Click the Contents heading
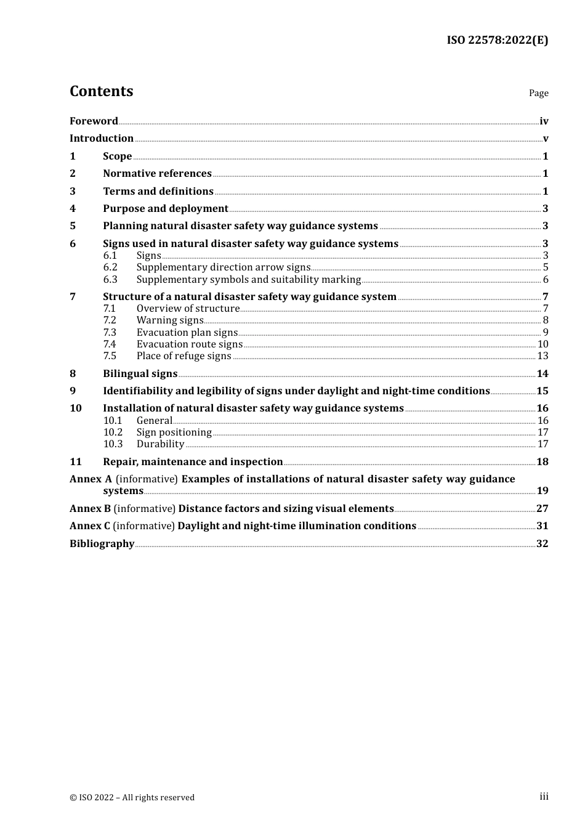click(x=101, y=91)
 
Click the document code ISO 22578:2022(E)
click(x=497, y=40)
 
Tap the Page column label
click(x=538, y=93)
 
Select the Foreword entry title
click(x=94, y=121)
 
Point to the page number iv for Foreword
click(x=544, y=121)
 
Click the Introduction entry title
click(x=102, y=139)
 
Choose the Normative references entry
click(x=157, y=174)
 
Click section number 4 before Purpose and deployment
click(x=73, y=209)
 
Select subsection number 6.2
click(x=110, y=267)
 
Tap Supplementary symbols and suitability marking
click(x=248, y=280)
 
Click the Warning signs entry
click(x=169, y=320)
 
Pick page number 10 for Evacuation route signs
click(x=543, y=344)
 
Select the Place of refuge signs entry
click(x=184, y=356)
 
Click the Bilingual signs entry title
click(x=140, y=374)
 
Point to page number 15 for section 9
click(x=542, y=391)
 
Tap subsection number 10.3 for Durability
click(x=113, y=444)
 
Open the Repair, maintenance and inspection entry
click(x=193, y=462)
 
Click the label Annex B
click(x=90, y=509)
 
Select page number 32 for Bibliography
click(x=542, y=544)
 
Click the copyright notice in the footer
click(x=132, y=798)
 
